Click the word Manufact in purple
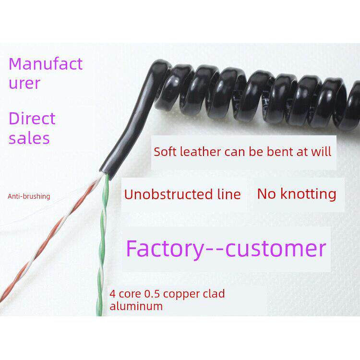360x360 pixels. (46, 64)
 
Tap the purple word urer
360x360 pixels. (24, 83)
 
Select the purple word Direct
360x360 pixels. (32, 118)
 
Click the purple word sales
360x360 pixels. (29, 138)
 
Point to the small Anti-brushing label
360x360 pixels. (29, 196)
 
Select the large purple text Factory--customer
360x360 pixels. (226, 248)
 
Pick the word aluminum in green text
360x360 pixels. (136, 306)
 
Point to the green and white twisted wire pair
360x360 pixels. (103, 240)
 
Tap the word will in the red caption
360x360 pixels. (323, 152)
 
